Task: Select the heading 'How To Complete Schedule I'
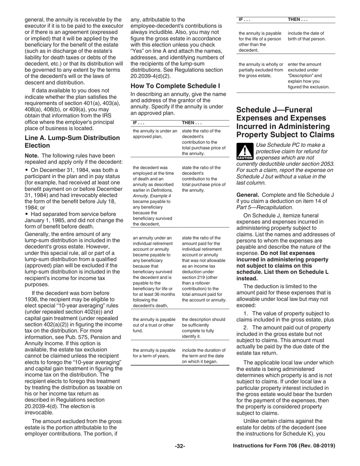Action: coord(175,86)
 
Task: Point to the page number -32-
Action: coord(180,446)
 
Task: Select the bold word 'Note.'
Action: coord(32,155)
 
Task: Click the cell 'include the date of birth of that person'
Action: coord(307,36)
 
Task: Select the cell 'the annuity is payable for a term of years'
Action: coord(154,353)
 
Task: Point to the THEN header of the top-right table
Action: coord(297,19)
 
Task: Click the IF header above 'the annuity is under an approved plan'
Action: coord(138,123)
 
